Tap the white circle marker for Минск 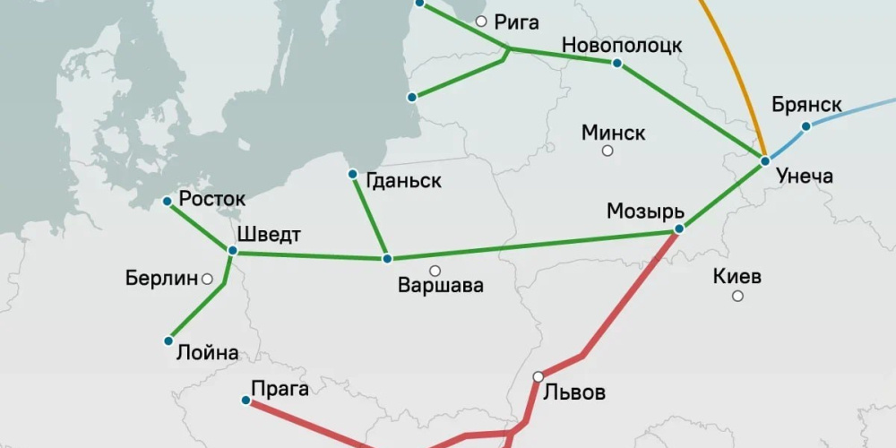coord(607,151)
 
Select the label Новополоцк coord(622,45)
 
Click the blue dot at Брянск coord(806,126)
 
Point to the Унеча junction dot coord(764,161)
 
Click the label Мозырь coord(645,211)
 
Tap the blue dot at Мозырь coord(678,229)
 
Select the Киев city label coord(737,276)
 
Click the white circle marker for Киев coord(737,296)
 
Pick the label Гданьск coord(404,181)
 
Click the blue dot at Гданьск coord(352,174)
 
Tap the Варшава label coord(441,287)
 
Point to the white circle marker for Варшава coord(435,270)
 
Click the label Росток coord(212,199)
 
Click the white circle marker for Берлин coord(208,279)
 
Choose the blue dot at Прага coord(246,401)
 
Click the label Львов coord(575,392)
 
